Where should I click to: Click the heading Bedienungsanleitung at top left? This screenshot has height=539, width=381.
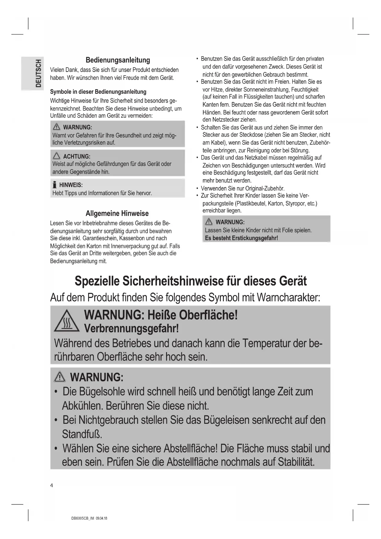pyautogui.click(x=118, y=60)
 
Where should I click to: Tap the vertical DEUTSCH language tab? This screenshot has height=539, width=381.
pyautogui.click(x=38, y=74)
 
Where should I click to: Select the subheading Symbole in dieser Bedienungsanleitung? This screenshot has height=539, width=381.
pyautogui.click(x=98, y=92)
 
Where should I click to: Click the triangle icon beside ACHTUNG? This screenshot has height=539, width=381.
pyautogui.click(x=56, y=156)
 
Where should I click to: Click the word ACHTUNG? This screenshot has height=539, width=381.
pyautogui.click(x=76, y=156)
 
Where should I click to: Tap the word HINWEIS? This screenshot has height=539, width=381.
pyautogui.click(x=71, y=185)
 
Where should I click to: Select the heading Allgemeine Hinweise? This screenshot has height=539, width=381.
pyautogui.click(x=117, y=214)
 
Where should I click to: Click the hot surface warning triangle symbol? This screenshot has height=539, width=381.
pyautogui.click(x=67, y=322)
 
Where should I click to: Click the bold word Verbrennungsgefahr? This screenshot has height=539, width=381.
pyautogui.click(x=131, y=329)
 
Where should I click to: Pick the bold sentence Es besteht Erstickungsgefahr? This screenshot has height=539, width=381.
pyautogui.click(x=241, y=238)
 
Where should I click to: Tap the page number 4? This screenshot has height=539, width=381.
pyautogui.click(x=52, y=486)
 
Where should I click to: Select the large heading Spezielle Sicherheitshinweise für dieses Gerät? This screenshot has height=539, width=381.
pyautogui.click(x=191, y=281)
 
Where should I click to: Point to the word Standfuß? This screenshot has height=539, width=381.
pyautogui.click(x=82, y=435)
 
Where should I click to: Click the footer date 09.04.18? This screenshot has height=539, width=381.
pyautogui.click(x=102, y=518)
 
